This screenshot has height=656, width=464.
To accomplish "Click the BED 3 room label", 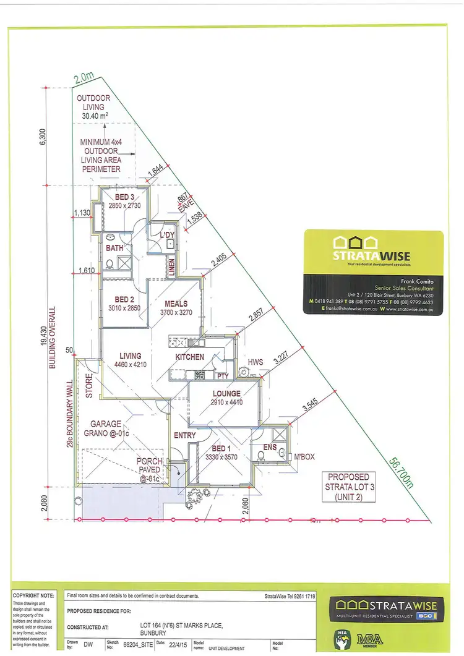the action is [x=121, y=198].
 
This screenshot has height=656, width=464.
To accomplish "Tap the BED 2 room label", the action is [x=125, y=299].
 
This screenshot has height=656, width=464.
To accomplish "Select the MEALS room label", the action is [x=176, y=304].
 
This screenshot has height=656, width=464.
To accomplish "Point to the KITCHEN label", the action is [x=190, y=357].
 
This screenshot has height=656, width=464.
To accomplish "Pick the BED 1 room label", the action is [x=220, y=449].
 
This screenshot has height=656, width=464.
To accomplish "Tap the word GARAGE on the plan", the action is [x=106, y=424].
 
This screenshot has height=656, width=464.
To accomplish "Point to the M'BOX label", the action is [x=304, y=456].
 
